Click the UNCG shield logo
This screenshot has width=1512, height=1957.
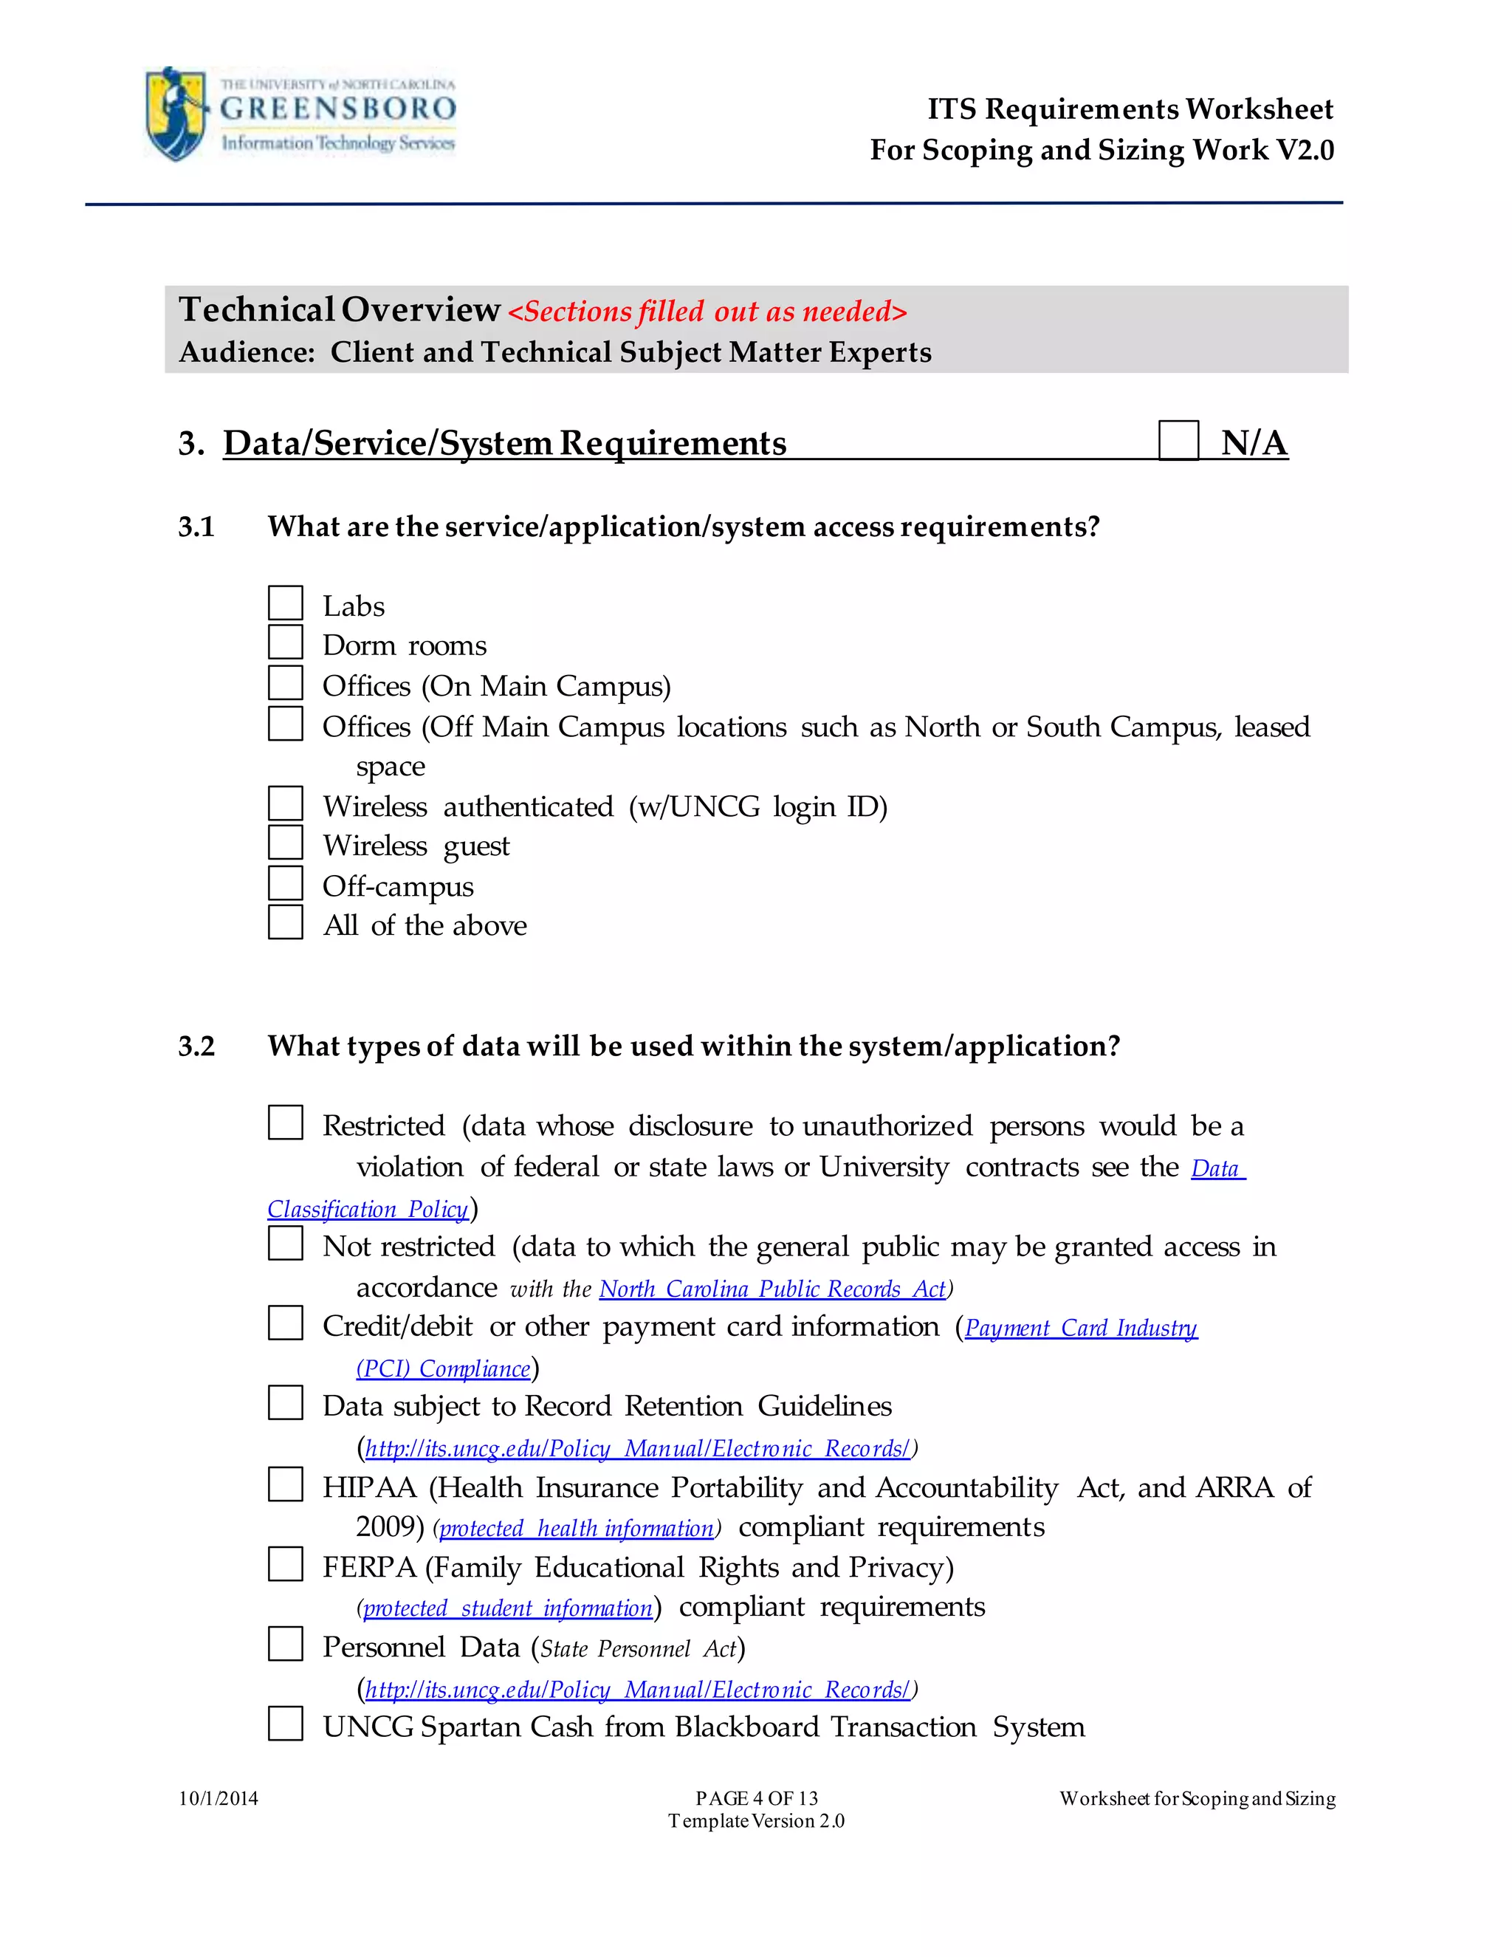pos(176,114)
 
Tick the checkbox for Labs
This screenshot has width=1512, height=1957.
pos(285,603)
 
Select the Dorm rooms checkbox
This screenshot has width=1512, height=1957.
pos(285,642)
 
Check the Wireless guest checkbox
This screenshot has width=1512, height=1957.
pos(285,843)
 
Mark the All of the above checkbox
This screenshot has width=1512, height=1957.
pos(285,923)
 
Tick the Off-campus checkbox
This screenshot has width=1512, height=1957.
pos(285,883)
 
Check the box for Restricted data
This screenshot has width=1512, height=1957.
pos(285,1123)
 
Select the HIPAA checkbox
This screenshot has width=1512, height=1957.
pos(285,1485)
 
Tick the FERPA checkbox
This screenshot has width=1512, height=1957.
pos(285,1565)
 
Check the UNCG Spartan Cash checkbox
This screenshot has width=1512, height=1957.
pos(285,1724)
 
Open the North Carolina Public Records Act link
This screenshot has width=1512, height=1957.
pos(772,1289)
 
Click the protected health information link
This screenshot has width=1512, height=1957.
pos(576,1529)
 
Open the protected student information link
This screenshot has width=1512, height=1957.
pos(508,1608)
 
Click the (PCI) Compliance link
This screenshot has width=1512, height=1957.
pos(444,1369)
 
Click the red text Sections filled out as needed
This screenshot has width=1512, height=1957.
pos(707,312)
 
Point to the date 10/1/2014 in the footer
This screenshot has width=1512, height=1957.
pos(218,1798)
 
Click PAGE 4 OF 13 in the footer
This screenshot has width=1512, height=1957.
pos(756,1798)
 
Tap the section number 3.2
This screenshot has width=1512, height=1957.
pos(196,1046)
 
